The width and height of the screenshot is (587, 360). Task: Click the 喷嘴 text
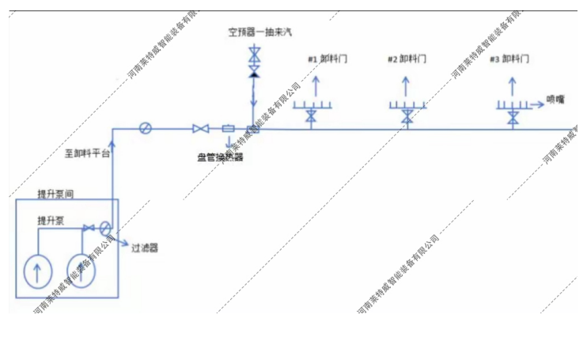coord(556,100)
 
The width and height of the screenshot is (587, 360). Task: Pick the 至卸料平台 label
coord(87,153)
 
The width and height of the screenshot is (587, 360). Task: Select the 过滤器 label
coord(145,248)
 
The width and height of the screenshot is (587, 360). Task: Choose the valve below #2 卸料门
coord(407,117)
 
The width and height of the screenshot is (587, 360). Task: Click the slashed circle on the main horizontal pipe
coord(145,128)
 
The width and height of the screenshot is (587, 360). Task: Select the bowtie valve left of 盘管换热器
coord(200,128)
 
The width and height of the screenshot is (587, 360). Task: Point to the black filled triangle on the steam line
coord(254,74)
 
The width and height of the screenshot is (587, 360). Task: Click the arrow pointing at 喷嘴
coord(534,100)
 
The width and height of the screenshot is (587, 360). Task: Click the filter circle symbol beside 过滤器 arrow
coord(106,229)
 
